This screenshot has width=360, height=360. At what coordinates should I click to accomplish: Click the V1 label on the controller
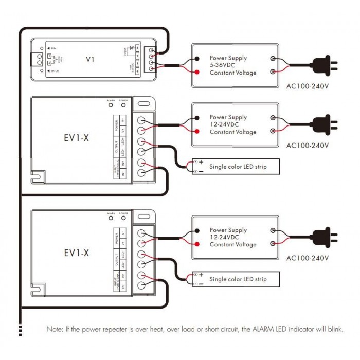point(90,60)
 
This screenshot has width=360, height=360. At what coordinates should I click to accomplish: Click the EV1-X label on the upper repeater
point(77,139)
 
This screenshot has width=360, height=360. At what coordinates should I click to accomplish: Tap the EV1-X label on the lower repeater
point(77,253)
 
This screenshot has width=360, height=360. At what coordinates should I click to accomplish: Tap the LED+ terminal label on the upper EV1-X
point(123,141)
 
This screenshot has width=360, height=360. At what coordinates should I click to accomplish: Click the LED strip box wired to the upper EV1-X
point(236,166)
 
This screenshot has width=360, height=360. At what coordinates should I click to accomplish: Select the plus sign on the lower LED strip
point(201,276)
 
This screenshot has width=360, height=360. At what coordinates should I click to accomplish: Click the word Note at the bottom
point(55,329)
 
